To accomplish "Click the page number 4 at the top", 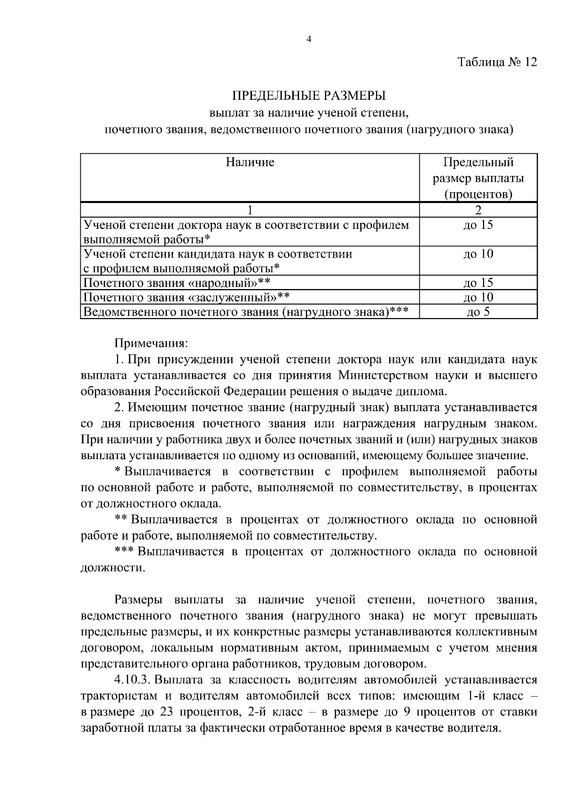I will [x=309, y=39].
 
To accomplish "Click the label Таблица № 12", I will [x=497, y=62].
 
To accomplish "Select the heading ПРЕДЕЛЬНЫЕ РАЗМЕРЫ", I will [x=309, y=96].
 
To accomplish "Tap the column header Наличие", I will [x=250, y=163].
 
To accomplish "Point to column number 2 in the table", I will [x=478, y=210].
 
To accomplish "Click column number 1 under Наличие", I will [x=250, y=210].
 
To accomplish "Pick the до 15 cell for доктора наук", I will [x=478, y=225].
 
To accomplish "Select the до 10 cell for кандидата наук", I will [x=478, y=254].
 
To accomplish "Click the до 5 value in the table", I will [x=478, y=312].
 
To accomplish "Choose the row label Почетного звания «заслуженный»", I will [x=186, y=297].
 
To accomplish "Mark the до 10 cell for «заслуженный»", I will [x=478, y=297].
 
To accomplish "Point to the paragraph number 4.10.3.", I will [x=133, y=680].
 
